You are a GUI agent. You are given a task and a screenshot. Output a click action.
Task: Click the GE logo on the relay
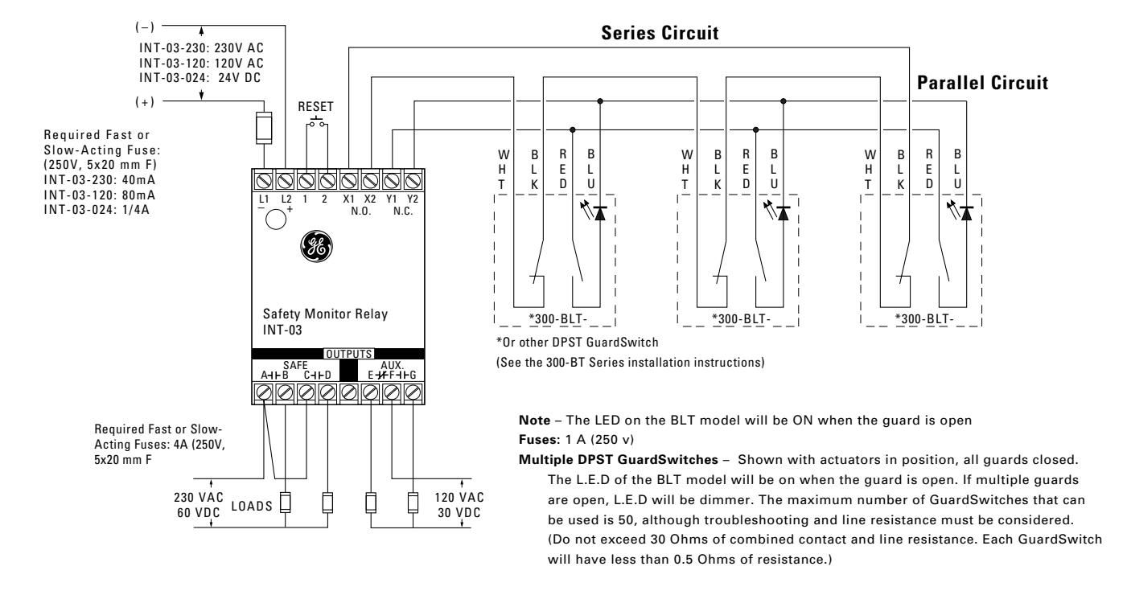[316, 247]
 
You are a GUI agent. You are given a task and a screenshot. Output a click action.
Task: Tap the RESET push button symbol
[316, 121]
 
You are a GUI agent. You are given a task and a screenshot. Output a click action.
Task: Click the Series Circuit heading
[660, 33]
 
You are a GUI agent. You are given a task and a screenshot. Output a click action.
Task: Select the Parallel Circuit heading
[982, 83]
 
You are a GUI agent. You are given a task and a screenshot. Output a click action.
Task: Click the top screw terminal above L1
[264, 181]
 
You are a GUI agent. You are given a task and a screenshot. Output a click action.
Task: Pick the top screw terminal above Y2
[413, 181]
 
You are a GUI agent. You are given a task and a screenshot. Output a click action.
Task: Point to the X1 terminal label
[348, 199]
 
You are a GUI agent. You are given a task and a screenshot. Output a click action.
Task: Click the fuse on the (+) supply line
[264, 128]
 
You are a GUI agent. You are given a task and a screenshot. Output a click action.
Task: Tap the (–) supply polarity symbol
[145, 27]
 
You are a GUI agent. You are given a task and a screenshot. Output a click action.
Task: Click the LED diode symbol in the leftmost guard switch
[599, 213]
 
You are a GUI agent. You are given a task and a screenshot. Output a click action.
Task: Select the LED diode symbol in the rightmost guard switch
[965, 213]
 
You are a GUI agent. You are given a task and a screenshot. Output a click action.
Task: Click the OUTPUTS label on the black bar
[348, 354]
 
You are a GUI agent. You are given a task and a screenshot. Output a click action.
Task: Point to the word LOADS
[252, 506]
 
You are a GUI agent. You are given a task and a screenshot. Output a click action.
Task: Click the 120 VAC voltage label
[459, 498]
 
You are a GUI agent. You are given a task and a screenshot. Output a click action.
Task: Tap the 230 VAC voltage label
[199, 498]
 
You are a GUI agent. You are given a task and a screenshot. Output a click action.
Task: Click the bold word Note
[534, 421]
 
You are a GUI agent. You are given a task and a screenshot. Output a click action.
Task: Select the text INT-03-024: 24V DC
[200, 78]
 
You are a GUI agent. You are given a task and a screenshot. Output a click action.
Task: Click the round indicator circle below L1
[276, 220]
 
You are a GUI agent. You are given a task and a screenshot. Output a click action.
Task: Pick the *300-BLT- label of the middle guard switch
[741, 319]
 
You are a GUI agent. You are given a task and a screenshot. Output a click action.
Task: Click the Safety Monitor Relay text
[325, 314]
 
